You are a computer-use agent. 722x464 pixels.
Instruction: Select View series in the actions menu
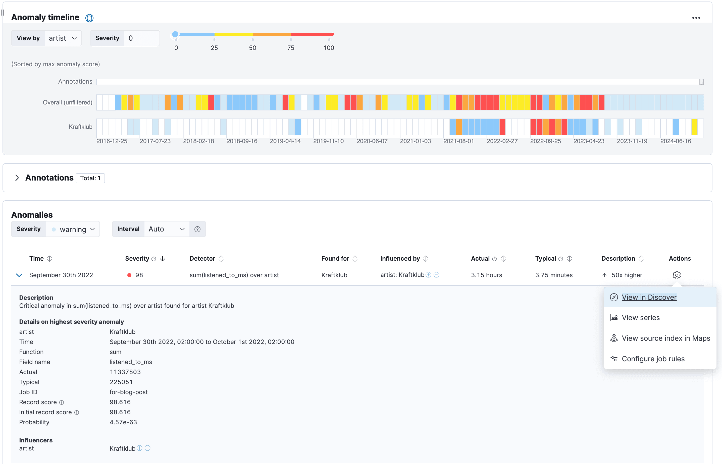click(641, 318)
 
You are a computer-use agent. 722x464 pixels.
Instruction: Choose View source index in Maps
click(666, 338)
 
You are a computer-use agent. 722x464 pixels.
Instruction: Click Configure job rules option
click(653, 359)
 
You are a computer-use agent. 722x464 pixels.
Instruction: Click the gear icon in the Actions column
click(677, 275)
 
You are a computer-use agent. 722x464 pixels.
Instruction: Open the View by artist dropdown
click(63, 38)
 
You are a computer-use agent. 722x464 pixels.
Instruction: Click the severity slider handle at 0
click(175, 34)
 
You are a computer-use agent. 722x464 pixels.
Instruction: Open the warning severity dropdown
click(73, 229)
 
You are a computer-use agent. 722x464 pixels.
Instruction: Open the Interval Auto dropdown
click(166, 229)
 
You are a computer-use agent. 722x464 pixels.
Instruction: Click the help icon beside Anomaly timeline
click(89, 18)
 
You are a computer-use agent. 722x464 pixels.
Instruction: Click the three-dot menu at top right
click(695, 18)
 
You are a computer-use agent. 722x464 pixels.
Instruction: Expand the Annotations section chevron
click(17, 178)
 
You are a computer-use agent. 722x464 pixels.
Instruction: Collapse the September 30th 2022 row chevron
click(19, 275)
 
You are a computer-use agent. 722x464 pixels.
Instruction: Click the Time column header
click(36, 259)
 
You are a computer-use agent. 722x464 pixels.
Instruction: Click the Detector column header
click(202, 259)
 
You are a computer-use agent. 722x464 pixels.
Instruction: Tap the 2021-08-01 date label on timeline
click(458, 141)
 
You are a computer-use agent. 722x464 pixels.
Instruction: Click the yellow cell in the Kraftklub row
click(694, 127)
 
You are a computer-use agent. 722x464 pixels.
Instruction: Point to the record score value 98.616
click(120, 402)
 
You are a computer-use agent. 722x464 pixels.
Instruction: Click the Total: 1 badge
click(90, 178)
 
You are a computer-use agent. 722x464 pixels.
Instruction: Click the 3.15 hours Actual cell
click(486, 275)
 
